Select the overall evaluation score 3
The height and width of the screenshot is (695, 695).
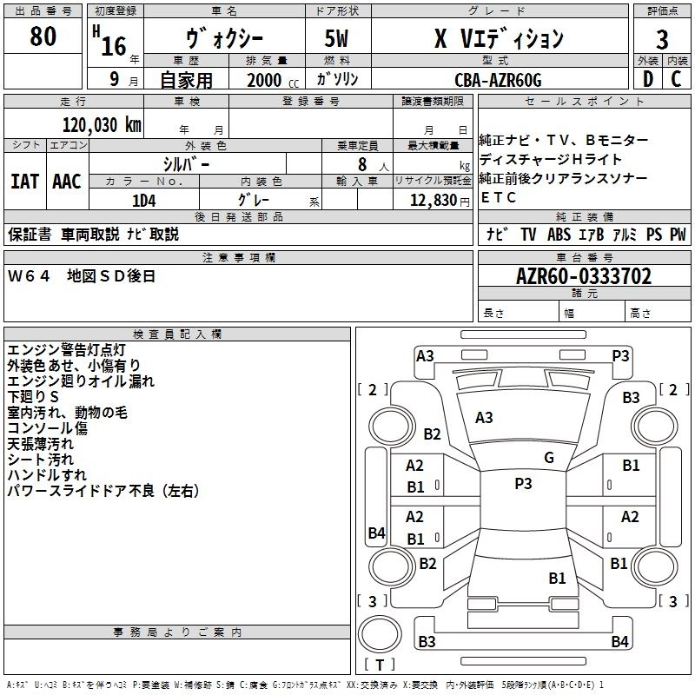click(662, 40)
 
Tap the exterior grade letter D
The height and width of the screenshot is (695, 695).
click(647, 79)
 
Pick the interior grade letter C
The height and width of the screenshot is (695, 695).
click(676, 79)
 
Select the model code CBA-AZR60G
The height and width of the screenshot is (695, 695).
click(498, 80)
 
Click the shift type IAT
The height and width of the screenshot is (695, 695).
click(24, 181)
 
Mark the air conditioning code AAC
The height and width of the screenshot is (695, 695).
click(66, 181)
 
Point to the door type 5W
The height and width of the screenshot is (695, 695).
click(337, 39)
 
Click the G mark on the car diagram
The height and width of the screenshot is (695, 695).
click(548, 457)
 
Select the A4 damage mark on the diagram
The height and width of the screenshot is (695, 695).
click(375, 533)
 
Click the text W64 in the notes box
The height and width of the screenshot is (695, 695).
click(30, 276)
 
